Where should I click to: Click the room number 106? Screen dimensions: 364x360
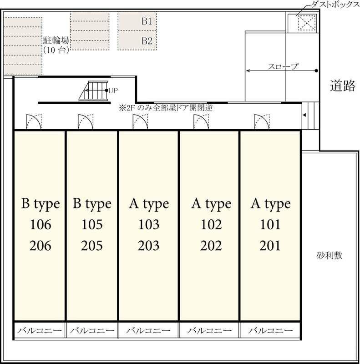(x=40, y=225)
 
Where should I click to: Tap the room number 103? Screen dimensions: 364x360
(x=149, y=225)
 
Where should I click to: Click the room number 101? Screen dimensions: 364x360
(x=270, y=225)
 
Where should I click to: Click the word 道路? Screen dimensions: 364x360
(x=342, y=86)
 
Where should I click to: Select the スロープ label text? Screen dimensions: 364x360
(x=283, y=67)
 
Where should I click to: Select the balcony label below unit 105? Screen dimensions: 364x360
(x=92, y=330)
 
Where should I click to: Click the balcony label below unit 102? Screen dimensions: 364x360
(x=209, y=330)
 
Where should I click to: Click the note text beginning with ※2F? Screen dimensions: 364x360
(x=166, y=108)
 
